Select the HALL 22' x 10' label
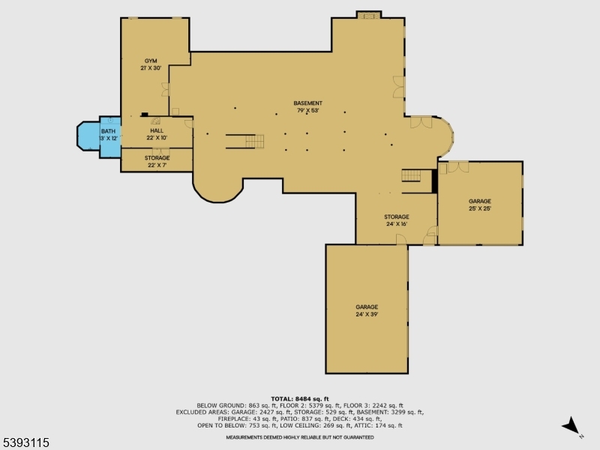click(156, 134)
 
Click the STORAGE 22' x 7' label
click(157, 161)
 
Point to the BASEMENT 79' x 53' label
click(307, 107)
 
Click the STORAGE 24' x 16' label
click(397, 220)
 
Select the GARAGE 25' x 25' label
click(480, 205)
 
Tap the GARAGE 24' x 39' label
click(367, 310)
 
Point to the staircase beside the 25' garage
click(412, 175)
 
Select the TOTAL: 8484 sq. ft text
click(300, 398)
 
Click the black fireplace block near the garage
click(434, 181)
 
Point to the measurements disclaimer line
click(300, 436)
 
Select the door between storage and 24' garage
click(402, 241)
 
